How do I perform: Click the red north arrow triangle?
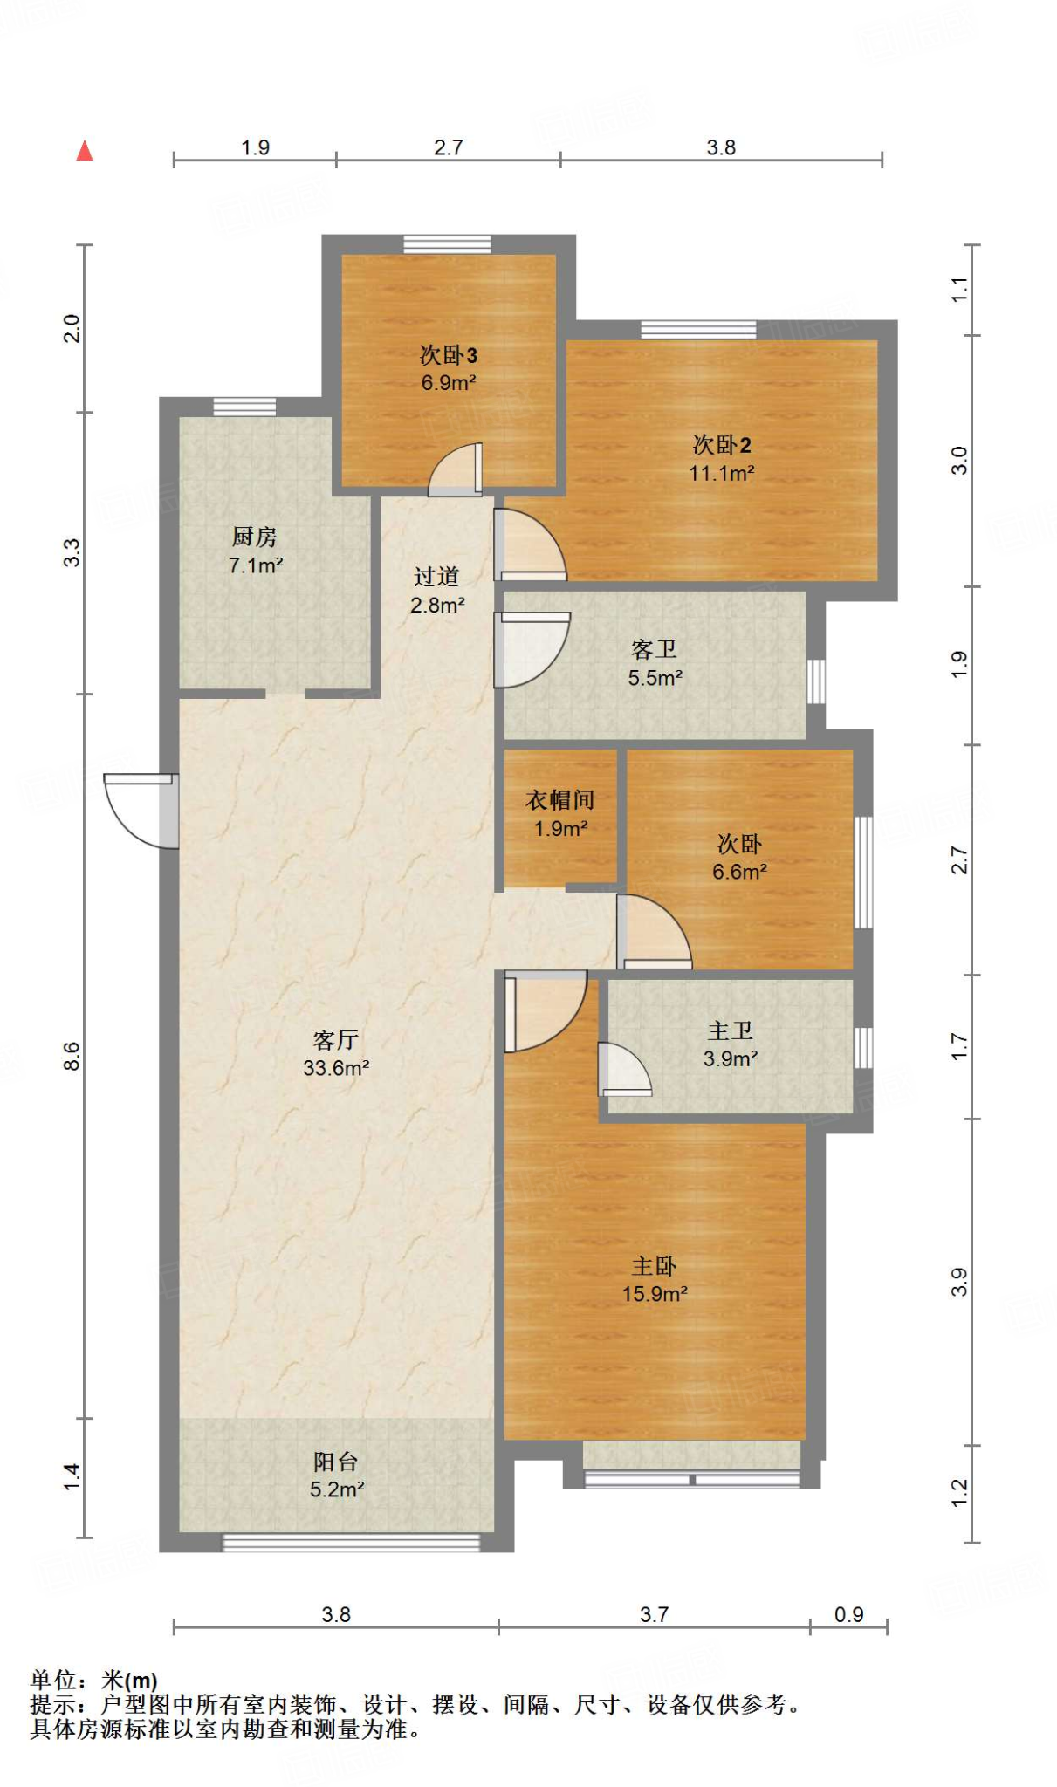pos(85,152)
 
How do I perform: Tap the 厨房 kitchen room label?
pos(254,537)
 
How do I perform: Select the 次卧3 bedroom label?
pos(448,355)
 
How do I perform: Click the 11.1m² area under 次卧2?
pos(721,474)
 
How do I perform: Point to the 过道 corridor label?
pos(436,577)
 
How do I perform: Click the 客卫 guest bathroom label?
pos(654,649)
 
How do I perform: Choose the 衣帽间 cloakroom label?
pos(559,800)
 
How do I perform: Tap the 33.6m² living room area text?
pos(336,1068)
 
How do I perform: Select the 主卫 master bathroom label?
pos(730,1031)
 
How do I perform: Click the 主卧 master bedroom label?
pos(654,1266)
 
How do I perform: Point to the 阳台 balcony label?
pos(336,1462)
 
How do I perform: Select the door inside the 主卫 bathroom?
pos(622,1070)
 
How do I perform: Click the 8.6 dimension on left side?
pos(72,1056)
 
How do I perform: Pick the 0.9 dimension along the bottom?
pos(848,1615)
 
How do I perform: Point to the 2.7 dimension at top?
pos(448,147)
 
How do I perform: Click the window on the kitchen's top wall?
pos(244,407)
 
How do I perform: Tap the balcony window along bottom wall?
pos(351,1543)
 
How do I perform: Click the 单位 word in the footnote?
pos(53,1680)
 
